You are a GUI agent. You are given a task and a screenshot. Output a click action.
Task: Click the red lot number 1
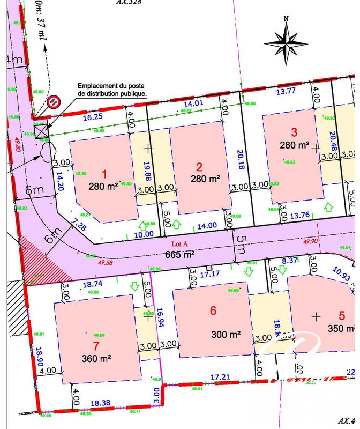[x=105, y=174]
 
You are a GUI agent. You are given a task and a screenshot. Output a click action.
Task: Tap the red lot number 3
[x=294, y=132]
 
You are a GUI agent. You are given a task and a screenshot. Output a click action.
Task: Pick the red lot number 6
[x=213, y=310]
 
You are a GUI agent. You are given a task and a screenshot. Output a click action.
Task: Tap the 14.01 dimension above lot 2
[x=194, y=103]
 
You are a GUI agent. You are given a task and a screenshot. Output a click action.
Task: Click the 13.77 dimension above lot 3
[x=287, y=91]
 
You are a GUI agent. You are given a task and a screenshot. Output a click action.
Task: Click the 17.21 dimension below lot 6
[x=220, y=378]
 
